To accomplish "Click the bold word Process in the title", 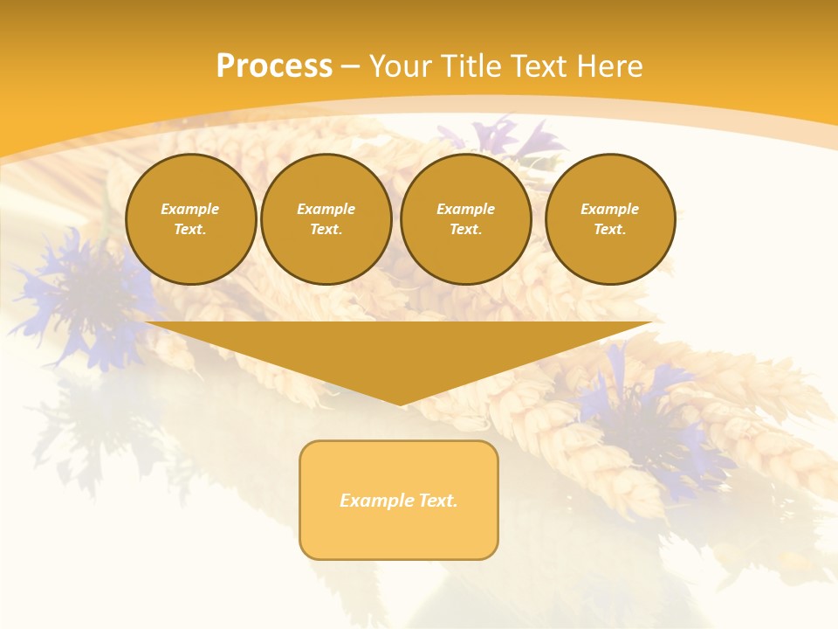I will click(x=274, y=66).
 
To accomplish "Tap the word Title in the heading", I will click(x=470, y=66).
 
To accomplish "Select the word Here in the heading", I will click(x=609, y=66).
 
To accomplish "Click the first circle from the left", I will click(x=190, y=219).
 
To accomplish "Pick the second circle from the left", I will click(x=326, y=219).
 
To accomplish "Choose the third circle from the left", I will click(x=465, y=219).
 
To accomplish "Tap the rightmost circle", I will click(x=609, y=219).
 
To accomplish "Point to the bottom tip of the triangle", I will click(x=400, y=404).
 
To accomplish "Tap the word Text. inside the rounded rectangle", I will click(x=436, y=501).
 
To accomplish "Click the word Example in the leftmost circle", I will click(x=190, y=209).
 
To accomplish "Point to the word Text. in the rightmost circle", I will click(x=609, y=229).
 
